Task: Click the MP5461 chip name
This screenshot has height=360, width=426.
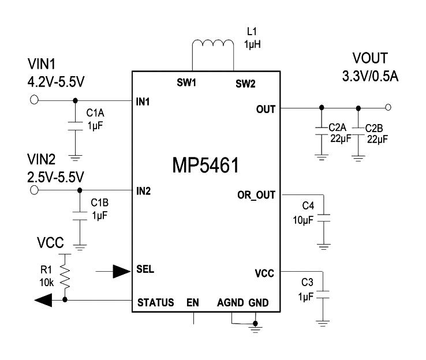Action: pos(205,166)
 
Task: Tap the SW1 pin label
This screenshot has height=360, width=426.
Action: pos(186,82)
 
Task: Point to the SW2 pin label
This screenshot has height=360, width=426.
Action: pos(245,82)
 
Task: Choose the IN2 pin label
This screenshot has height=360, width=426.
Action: pos(144,190)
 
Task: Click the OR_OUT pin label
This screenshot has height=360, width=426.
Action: pos(256,194)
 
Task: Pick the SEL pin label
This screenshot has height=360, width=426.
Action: pos(145,269)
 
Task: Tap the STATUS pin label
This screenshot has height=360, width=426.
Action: pos(155,302)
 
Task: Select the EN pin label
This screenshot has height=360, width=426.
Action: pos(193,302)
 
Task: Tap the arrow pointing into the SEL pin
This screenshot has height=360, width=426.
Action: pos(121,269)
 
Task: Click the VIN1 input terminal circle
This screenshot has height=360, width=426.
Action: pos(33,100)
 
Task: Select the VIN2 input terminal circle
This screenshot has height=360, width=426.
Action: pos(33,190)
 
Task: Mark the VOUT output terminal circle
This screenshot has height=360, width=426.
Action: pos(388,107)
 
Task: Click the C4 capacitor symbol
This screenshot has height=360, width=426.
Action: pos(324,217)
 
